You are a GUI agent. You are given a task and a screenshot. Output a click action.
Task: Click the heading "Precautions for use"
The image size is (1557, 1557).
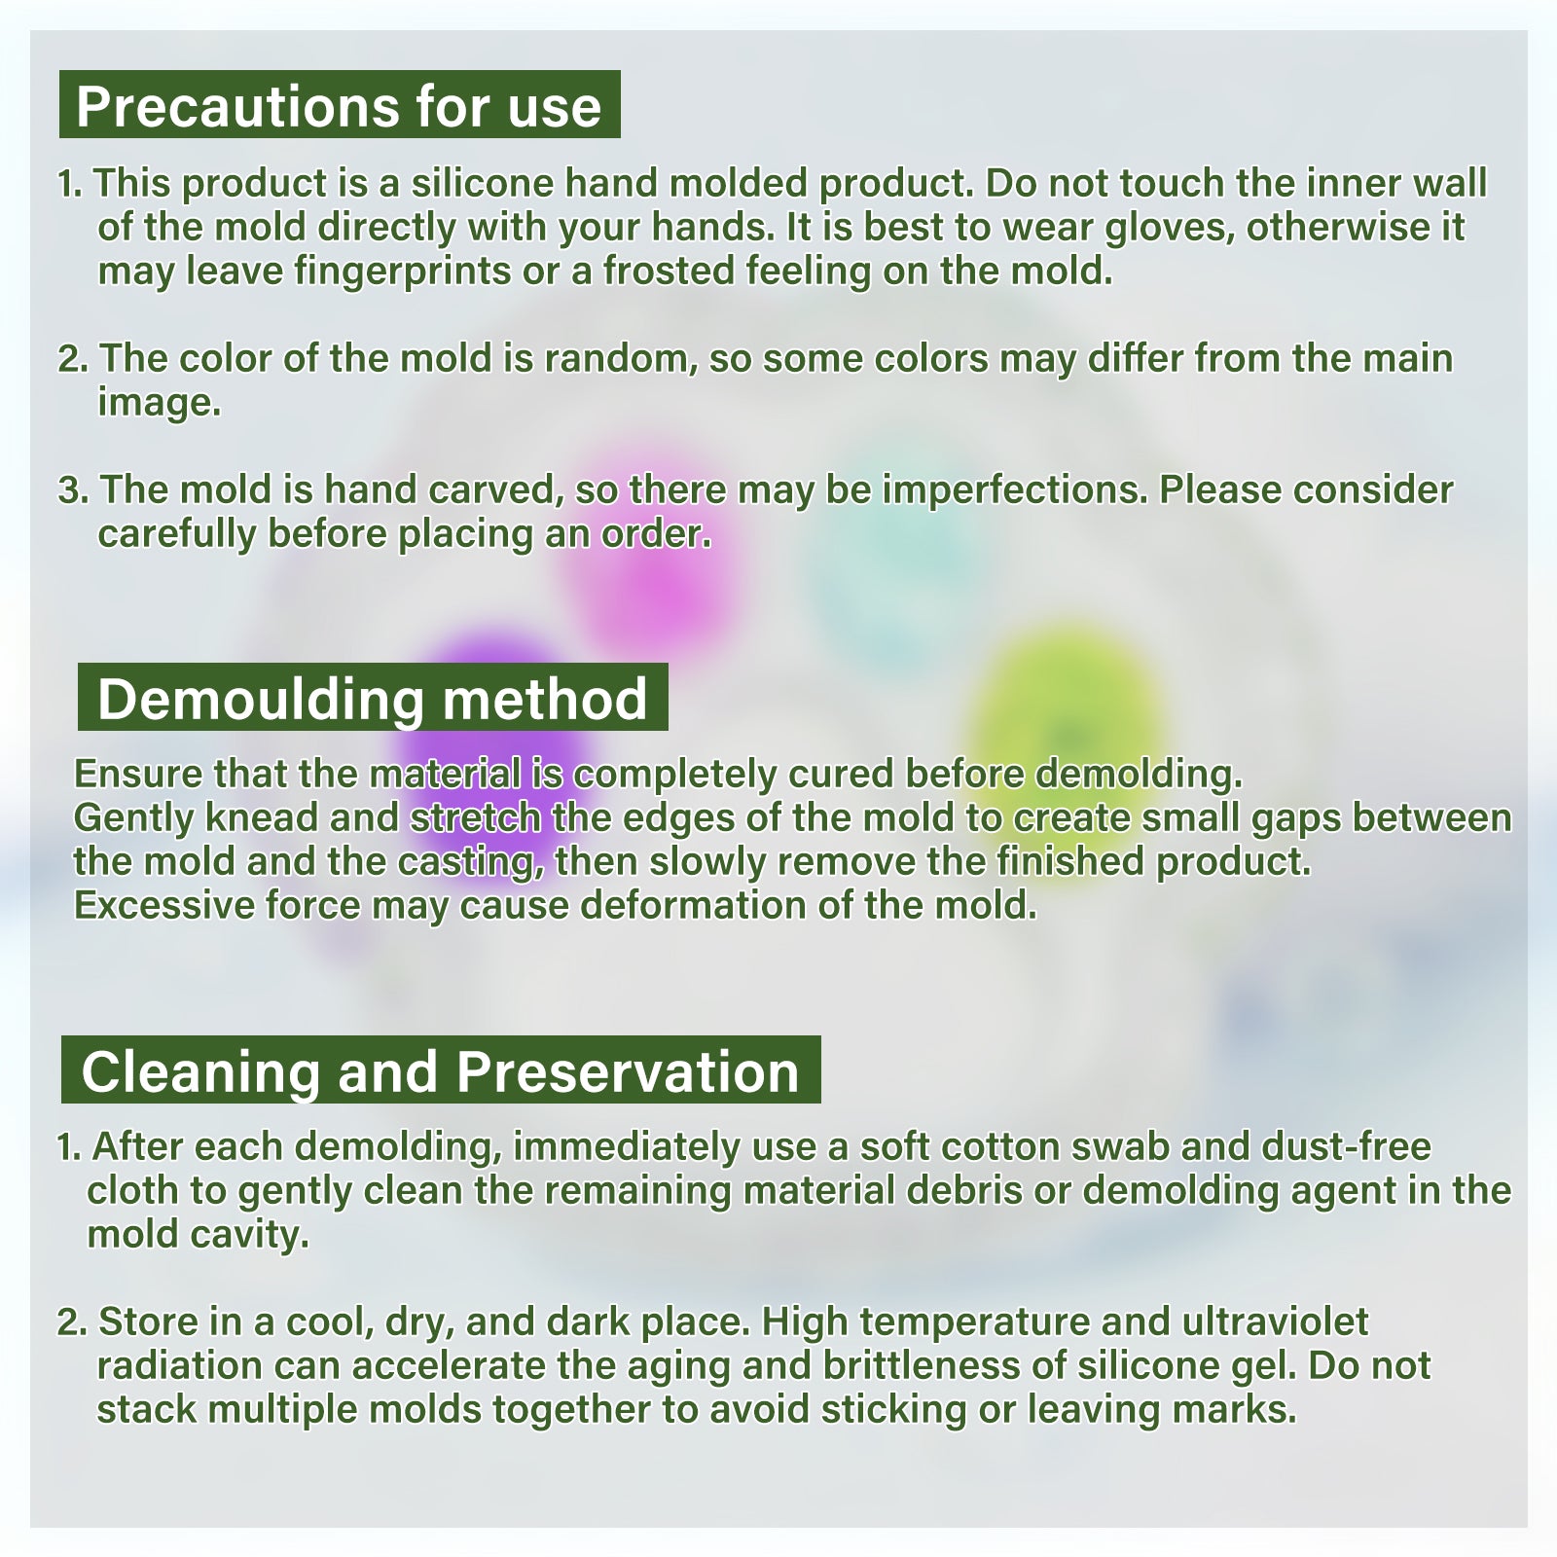(339, 106)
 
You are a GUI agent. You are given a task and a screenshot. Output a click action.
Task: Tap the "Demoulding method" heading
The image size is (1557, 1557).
(373, 699)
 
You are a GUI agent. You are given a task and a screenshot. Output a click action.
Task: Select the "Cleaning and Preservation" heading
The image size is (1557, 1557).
(440, 1071)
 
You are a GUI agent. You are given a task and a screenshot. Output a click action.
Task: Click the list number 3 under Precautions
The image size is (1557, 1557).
(73, 490)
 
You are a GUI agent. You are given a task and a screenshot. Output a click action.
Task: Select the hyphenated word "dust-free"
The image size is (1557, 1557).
(1347, 1146)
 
